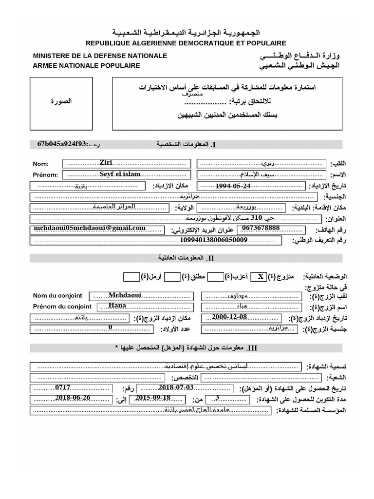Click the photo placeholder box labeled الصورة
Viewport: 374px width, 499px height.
pyautogui.click(x=61, y=103)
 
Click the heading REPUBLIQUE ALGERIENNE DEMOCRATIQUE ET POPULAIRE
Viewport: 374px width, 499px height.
pyautogui.click(x=187, y=43)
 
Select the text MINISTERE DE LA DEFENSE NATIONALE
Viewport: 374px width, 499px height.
pyautogui.click(x=100, y=56)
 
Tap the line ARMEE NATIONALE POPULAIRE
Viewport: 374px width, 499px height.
pyautogui.click(x=87, y=65)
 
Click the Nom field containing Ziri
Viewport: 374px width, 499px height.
pyautogui.click(x=126, y=163)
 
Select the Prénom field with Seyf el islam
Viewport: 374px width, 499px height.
pyautogui.click(x=126, y=174)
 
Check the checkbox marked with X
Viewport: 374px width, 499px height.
pyautogui.click(x=261, y=276)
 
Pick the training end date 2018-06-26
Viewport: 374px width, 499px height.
pyautogui.click(x=72, y=399)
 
